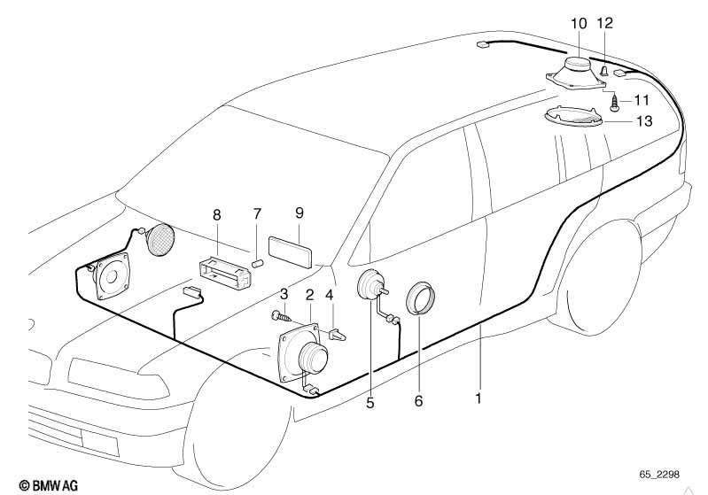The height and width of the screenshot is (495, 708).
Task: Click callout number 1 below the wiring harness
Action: coord(478,399)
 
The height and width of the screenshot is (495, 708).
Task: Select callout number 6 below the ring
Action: coord(419,400)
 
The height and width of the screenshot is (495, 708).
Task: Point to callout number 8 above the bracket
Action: coord(216,215)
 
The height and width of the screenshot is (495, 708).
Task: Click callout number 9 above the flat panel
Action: coord(300,213)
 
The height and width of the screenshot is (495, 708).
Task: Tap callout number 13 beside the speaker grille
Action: coord(643,121)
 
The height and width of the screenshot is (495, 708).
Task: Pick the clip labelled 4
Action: coord(337,335)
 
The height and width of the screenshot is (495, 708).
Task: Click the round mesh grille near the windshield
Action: coord(159,239)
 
